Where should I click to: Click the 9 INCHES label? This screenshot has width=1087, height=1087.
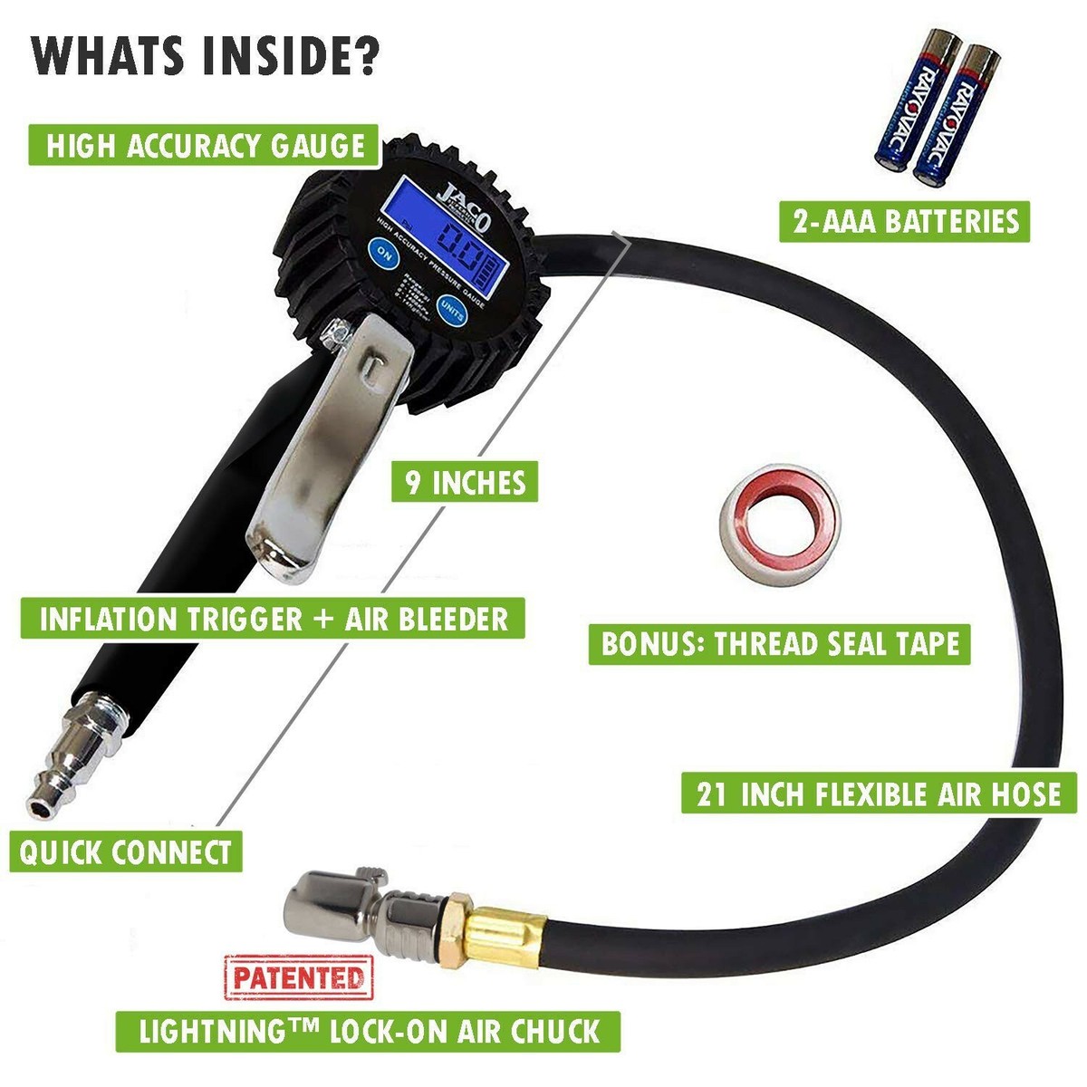tap(465, 482)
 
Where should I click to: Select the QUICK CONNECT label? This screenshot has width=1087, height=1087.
tap(125, 852)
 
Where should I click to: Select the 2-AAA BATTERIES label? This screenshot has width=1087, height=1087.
tap(904, 221)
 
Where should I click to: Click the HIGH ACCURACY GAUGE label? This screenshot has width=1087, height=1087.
tap(206, 145)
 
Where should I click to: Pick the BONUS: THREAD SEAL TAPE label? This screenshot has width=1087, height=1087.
tap(779, 643)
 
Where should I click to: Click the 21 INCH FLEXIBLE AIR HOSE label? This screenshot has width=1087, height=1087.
tap(878, 794)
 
